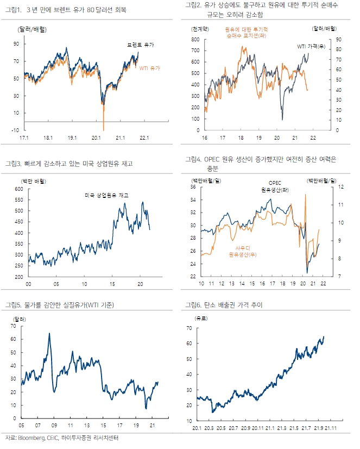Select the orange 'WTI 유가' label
pyautogui.click(x=151, y=68)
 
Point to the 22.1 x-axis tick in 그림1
pyautogui.click(x=143, y=138)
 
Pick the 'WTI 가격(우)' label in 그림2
pyautogui.click(x=311, y=47)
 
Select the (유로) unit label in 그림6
pyautogui.click(x=201, y=317)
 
